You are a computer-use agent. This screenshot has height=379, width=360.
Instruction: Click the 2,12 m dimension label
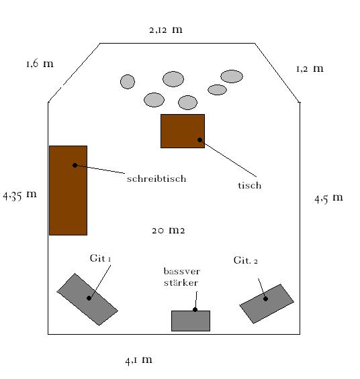(166, 30)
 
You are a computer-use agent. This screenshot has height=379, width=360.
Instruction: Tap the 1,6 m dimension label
(40, 64)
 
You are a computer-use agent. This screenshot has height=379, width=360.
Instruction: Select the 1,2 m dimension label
(310, 68)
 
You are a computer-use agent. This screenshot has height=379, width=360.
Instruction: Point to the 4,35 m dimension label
(20, 195)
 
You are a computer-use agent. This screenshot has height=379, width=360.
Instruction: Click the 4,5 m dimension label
(328, 198)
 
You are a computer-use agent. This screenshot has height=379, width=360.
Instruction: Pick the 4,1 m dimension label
(138, 360)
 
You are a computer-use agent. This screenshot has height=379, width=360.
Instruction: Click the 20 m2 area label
(169, 230)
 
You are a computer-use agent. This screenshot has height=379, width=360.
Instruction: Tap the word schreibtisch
(156, 178)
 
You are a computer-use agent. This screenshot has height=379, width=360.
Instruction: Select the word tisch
(249, 185)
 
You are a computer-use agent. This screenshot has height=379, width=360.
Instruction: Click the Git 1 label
(100, 258)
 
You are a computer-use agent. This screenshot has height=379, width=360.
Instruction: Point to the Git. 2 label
(246, 260)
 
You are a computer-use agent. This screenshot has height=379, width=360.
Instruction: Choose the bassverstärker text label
(182, 277)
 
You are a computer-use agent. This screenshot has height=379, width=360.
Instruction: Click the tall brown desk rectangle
(69, 191)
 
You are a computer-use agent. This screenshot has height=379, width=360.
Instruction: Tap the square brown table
(183, 131)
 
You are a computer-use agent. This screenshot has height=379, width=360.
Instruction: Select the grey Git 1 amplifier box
(87, 299)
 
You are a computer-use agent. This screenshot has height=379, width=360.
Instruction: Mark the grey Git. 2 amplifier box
(267, 304)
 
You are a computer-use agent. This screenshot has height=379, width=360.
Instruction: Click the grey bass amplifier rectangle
(191, 321)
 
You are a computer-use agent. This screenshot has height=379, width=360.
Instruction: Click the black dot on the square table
(199, 140)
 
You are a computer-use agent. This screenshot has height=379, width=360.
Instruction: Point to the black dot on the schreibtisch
(75, 165)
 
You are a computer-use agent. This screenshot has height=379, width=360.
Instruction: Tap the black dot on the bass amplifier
(195, 310)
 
